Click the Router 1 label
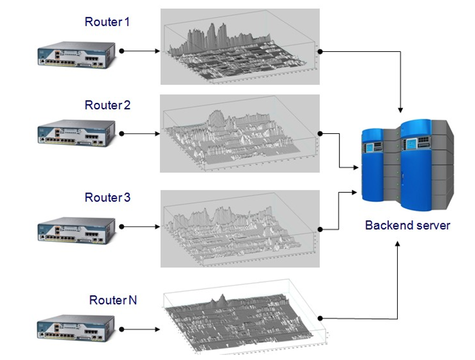point(107,22)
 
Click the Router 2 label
point(107,105)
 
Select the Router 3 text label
point(107,198)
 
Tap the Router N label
point(113,300)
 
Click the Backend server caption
point(408,225)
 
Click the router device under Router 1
point(76,52)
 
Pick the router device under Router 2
point(76,134)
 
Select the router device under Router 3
point(76,226)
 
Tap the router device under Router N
point(76,329)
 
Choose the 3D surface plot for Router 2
point(240,134)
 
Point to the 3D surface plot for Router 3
point(240,228)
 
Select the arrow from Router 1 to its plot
point(140,51)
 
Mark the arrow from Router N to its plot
point(140,329)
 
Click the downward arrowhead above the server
point(400,109)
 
